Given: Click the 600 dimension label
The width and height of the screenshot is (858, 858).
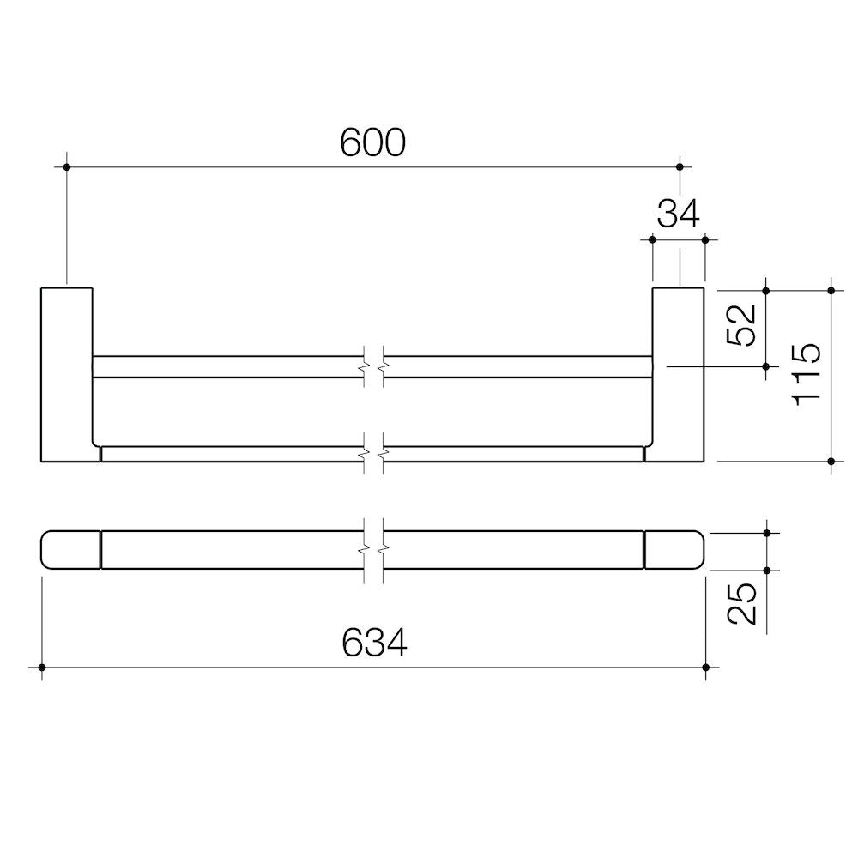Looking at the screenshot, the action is [x=372, y=142].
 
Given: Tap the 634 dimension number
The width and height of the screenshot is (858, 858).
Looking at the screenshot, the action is [x=374, y=643].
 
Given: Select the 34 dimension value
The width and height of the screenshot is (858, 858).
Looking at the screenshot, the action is [x=679, y=214].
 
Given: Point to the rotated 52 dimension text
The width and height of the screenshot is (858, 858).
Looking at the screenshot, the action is [x=742, y=325].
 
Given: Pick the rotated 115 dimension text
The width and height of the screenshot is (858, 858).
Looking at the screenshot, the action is [x=807, y=374].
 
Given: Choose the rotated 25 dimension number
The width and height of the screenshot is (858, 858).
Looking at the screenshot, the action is [x=742, y=603].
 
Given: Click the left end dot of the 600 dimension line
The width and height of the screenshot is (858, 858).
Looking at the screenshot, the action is [x=67, y=167].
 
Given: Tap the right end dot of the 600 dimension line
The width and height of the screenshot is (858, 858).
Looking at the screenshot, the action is [x=680, y=167].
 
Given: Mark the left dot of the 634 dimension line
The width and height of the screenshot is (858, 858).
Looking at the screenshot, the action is [x=41, y=668].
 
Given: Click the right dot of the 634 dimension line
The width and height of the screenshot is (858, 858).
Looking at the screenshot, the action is [x=706, y=668].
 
